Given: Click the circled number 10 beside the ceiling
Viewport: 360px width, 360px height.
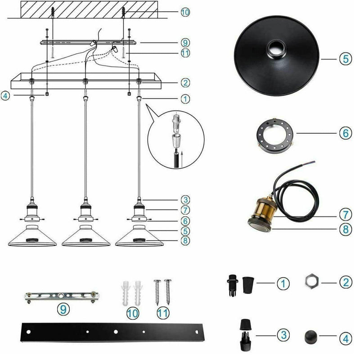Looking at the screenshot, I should coord(185,12).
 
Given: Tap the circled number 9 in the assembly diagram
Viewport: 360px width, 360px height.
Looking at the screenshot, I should coord(185,44).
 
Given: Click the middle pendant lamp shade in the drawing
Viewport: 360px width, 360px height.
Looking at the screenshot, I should coord(85,236).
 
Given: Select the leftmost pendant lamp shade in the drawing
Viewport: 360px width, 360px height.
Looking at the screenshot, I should coord(32,236).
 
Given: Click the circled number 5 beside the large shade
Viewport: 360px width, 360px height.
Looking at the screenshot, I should coord(344,59).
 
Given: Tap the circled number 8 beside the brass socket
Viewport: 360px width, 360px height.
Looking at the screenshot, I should coord(344,228).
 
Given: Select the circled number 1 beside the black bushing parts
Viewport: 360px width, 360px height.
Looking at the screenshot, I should coord(282,283).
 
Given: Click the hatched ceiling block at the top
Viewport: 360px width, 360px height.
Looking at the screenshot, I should coord(86,9).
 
